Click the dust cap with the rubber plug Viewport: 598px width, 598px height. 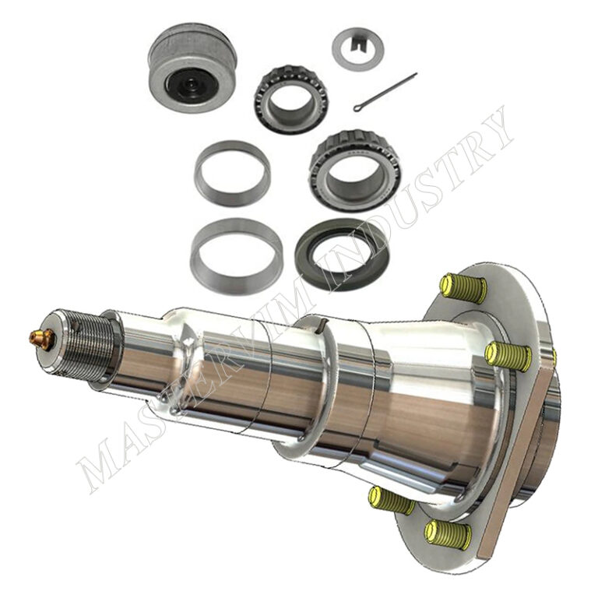pyautogui.click(x=192, y=67)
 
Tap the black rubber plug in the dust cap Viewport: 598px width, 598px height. pyautogui.click(x=190, y=86)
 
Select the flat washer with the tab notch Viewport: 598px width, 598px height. pyautogui.click(x=357, y=48)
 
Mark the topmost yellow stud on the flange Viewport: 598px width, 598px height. pyautogui.click(x=463, y=287)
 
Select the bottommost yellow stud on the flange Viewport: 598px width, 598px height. pyautogui.click(x=448, y=534)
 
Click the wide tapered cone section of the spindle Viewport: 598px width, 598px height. pyautogui.click(x=436, y=405)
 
